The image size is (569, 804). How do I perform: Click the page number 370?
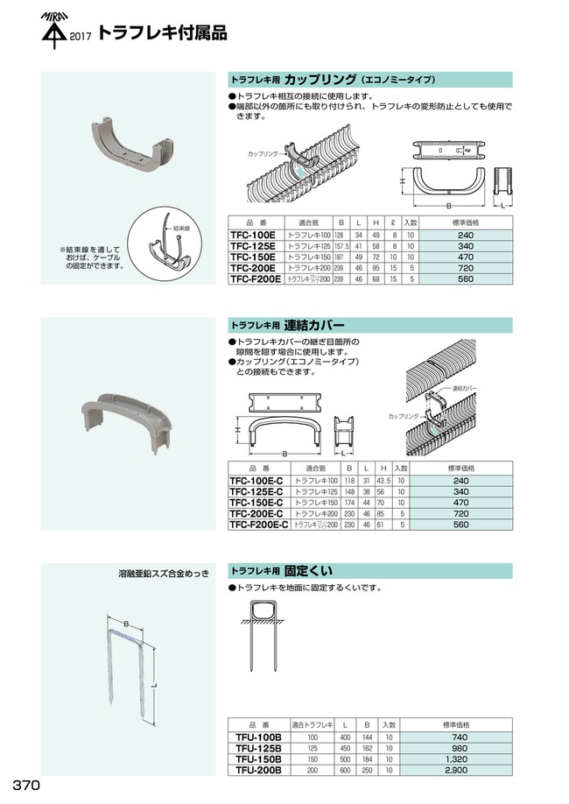point(25,783)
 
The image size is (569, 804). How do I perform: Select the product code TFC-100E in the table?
point(251,236)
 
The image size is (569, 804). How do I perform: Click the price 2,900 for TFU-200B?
point(464,771)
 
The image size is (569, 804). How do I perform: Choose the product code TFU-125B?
point(253,748)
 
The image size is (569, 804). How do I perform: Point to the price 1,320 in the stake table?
point(464,759)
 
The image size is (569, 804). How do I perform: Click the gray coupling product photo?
point(129,145)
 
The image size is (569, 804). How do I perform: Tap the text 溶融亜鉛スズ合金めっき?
point(164,574)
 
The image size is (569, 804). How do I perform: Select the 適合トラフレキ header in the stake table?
point(307,724)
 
